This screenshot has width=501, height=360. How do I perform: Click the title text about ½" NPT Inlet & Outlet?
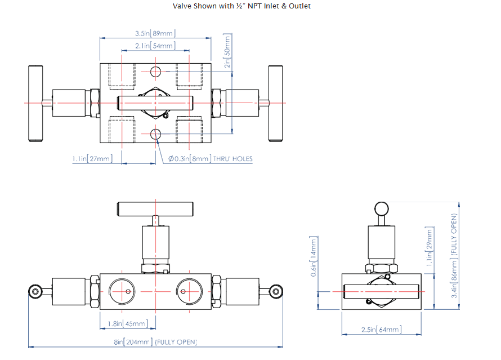click(x=241, y=6)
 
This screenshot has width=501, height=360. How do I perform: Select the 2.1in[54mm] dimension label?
click(x=155, y=46)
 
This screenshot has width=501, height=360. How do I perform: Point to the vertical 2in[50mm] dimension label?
click(x=228, y=50)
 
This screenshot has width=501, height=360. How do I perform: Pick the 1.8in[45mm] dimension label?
click(x=127, y=323)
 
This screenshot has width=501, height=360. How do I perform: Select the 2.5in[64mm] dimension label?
click(x=381, y=330)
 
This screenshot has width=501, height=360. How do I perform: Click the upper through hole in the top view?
click(x=156, y=72)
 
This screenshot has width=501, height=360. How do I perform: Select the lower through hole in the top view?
click(x=156, y=134)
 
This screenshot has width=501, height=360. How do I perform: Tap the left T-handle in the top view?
click(x=35, y=103)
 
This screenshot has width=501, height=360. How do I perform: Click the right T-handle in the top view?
click(x=276, y=103)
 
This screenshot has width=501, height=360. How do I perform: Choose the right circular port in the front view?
click(x=189, y=291)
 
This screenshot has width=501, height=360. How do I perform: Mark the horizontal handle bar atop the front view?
click(x=155, y=208)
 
